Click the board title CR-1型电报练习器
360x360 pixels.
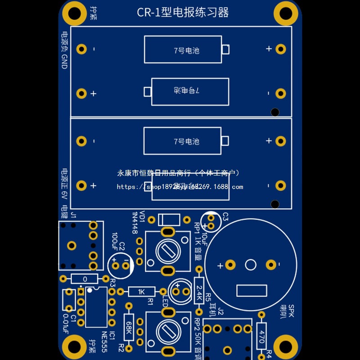click(183, 12)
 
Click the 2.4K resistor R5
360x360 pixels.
click(199, 291)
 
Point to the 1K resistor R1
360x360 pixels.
click(142, 292)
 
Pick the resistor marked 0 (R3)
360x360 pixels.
click(84, 279)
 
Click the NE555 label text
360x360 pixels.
click(104, 342)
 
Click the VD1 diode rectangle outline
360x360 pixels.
click(168, 220)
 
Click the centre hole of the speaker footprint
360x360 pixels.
click(251, 265)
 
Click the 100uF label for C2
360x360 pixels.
click(114, 242)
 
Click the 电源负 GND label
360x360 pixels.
click(65, 50)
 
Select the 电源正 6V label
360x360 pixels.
click(65, 185)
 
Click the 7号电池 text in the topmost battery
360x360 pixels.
click(186, 50)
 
